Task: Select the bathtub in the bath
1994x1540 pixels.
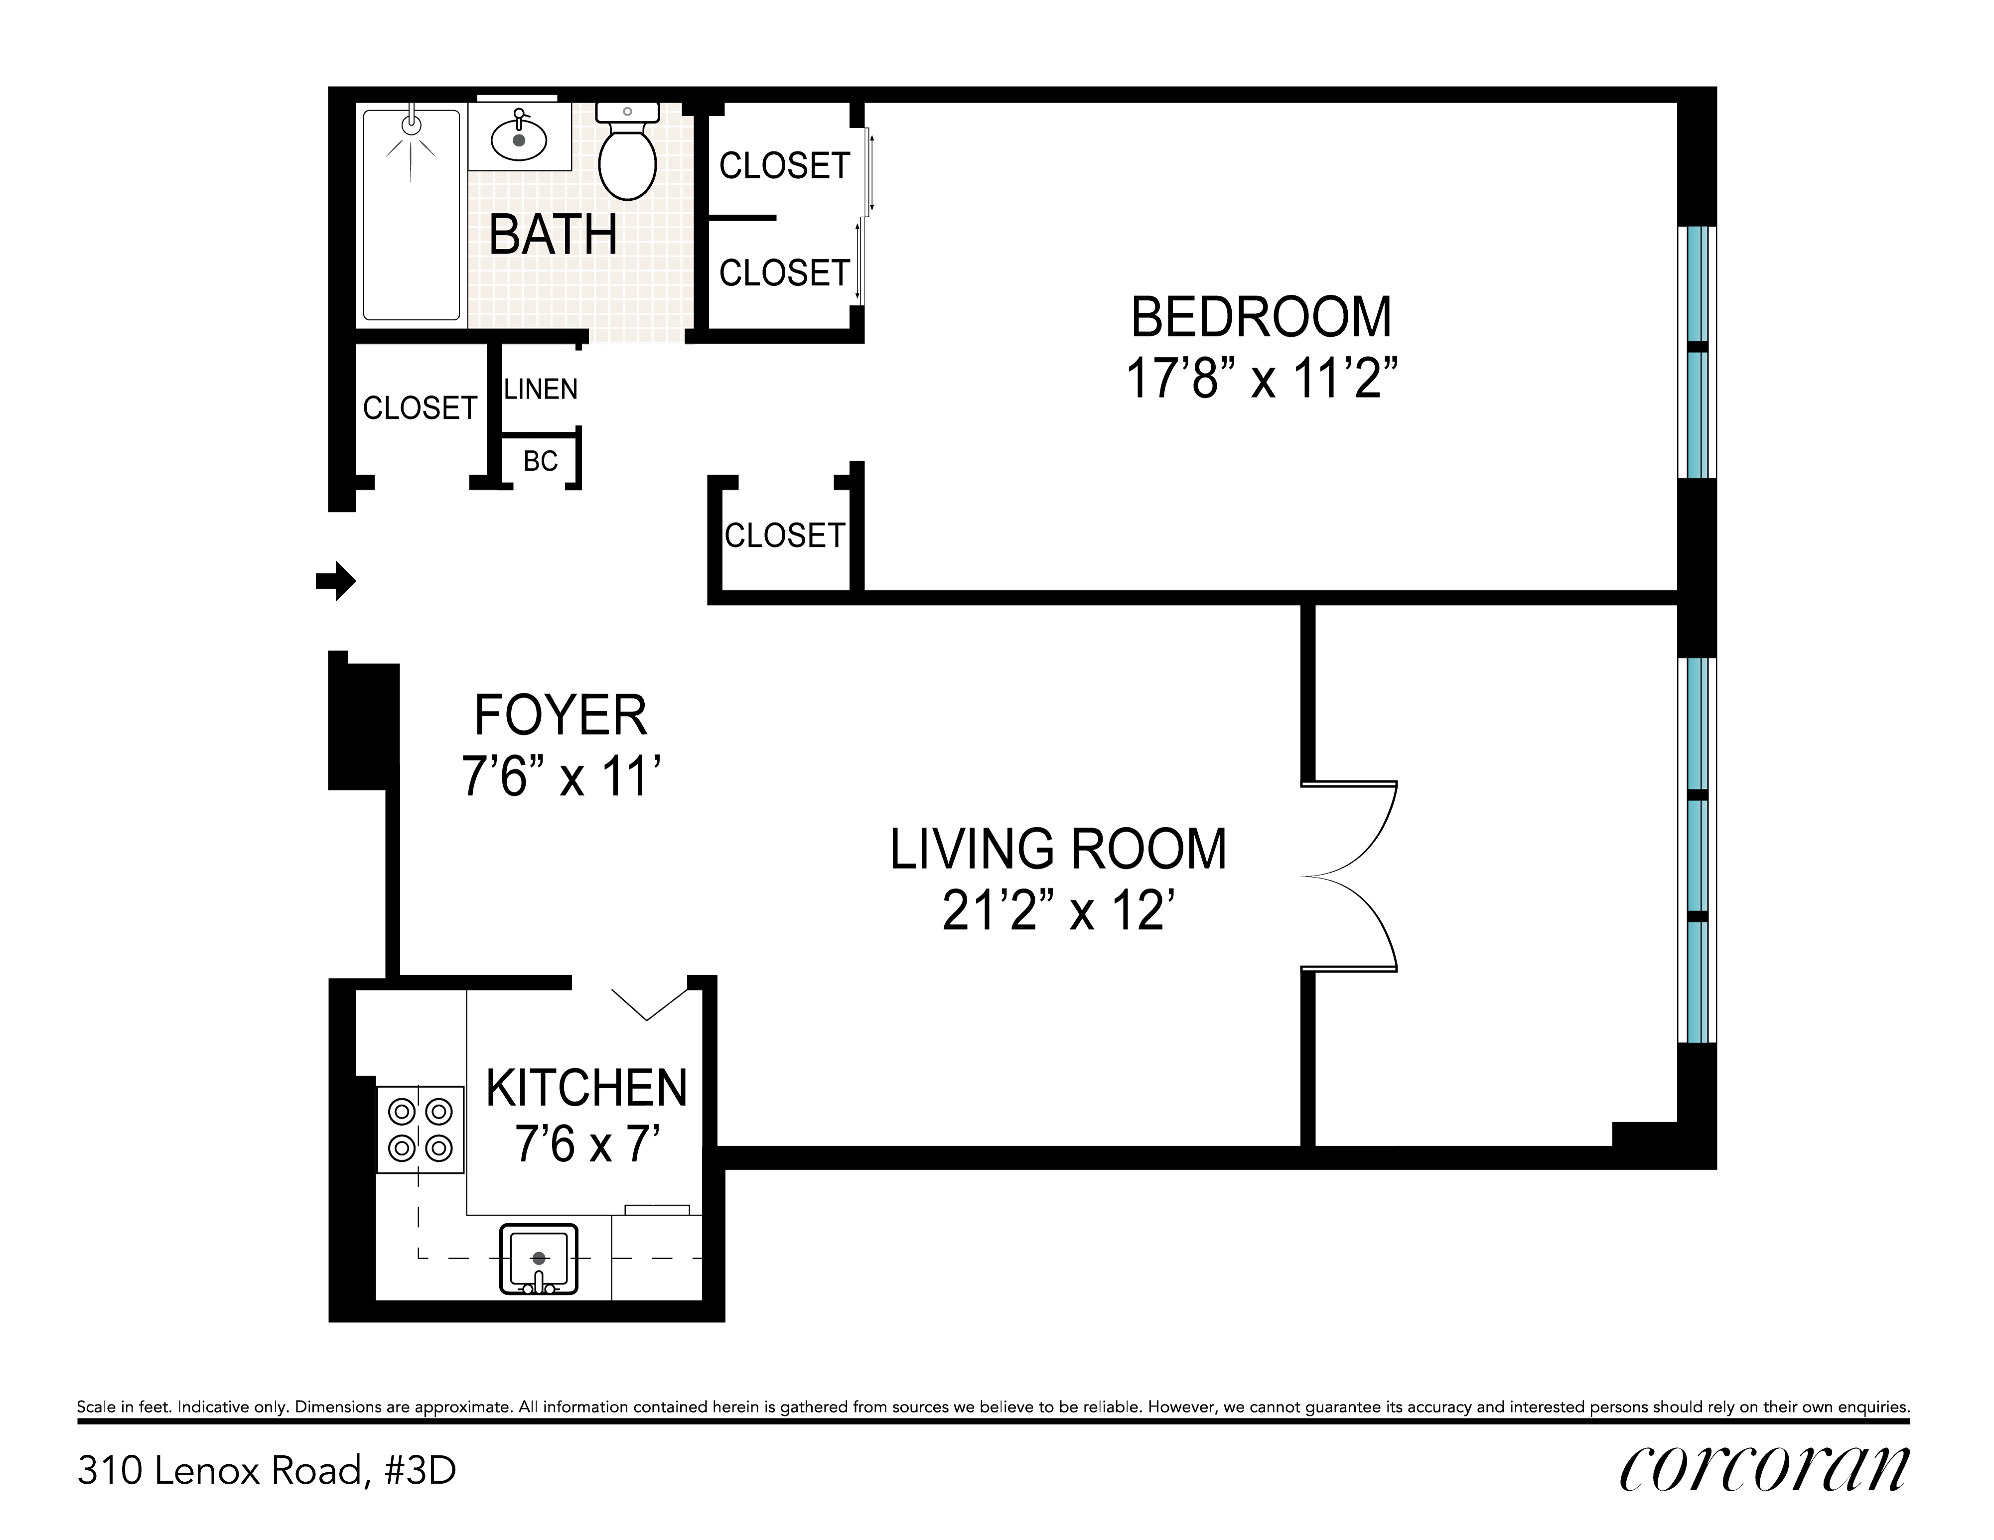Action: [412, 215]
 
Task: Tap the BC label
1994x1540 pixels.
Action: [541, 461]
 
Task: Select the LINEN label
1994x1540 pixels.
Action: [541, 389]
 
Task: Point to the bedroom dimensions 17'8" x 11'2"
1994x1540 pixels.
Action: [1262, 378]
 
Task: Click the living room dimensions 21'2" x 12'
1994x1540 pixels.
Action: [1057, 910]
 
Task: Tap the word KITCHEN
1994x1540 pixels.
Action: [586, 1087]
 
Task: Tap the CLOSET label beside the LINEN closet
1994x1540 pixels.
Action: [420, 407]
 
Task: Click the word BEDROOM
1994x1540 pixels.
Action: [1262, 317]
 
